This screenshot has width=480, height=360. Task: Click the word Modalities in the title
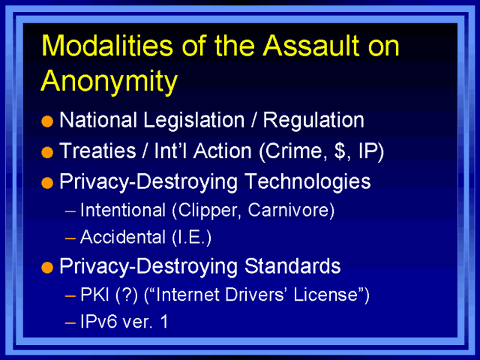[x=107, y=45]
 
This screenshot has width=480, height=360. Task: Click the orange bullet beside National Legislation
[x=47, y=121]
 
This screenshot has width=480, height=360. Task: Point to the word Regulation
[x=313, y=120]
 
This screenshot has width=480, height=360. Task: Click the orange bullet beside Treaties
[x=47, y=152]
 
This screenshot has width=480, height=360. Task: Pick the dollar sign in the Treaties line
[x=339, y=151]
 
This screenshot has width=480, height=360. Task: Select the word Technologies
[x=307, y=181]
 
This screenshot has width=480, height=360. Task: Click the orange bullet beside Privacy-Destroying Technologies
[x=47, y=183]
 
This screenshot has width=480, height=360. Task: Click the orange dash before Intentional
[x=70, y=211]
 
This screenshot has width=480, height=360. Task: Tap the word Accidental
[x=123, y=237]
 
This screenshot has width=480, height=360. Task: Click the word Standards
[x=292, y=266]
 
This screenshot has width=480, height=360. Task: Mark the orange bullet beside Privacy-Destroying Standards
[x=47, y=268]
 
